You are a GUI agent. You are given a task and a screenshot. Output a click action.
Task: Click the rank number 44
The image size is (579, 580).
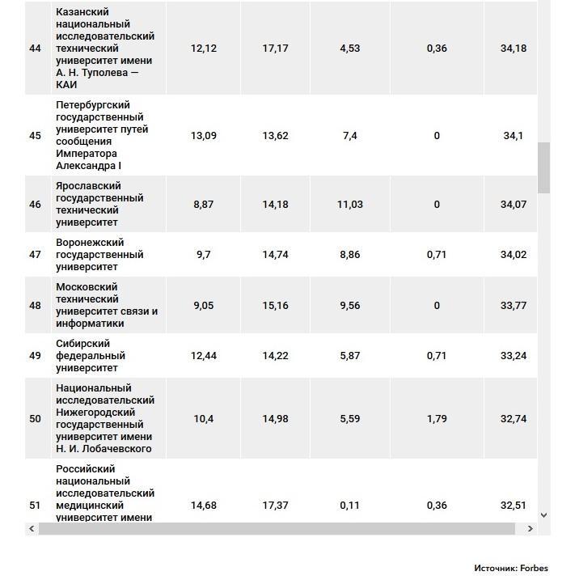click(35, 49)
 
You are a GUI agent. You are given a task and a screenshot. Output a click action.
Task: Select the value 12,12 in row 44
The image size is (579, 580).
click(204, 49)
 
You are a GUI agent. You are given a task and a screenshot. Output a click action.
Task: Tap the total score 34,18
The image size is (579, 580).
click(513, 49)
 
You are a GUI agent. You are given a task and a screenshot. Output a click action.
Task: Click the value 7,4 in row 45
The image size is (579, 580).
click(350, 136)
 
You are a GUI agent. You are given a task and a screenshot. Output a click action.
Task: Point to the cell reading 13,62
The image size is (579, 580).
click(276, 136)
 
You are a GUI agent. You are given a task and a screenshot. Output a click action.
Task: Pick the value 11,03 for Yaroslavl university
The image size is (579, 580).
click(350, 205)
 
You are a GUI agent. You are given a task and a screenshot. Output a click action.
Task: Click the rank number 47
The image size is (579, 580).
click(35, 255)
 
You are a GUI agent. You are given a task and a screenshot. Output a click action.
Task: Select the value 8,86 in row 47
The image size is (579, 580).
click(350, 255)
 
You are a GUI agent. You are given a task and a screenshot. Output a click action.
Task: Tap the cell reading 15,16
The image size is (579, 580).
click(276, 306)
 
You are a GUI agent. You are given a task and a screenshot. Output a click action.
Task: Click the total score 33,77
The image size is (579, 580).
click(513, 306)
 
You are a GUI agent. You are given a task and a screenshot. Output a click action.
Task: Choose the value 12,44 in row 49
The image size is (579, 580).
click(204, 356)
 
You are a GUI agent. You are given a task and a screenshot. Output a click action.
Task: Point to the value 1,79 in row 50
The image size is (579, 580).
click(437, 419)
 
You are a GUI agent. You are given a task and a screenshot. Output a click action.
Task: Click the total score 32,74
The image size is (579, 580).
click(513, 419)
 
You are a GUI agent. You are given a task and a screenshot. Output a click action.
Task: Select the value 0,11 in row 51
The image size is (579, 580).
click(350, 506)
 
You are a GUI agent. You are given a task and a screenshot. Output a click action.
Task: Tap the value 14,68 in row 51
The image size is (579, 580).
click(204, 506)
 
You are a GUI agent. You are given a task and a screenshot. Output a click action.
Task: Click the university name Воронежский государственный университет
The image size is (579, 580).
click(99, 255)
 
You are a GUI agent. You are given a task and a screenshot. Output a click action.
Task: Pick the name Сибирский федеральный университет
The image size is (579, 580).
click(91, 356)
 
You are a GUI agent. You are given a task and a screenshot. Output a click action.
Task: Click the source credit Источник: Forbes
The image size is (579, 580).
click(510, 569)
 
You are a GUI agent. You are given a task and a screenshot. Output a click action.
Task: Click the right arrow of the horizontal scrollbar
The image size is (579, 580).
click(530, 529)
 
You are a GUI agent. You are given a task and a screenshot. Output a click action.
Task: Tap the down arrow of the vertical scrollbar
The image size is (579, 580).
click(543, 514)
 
